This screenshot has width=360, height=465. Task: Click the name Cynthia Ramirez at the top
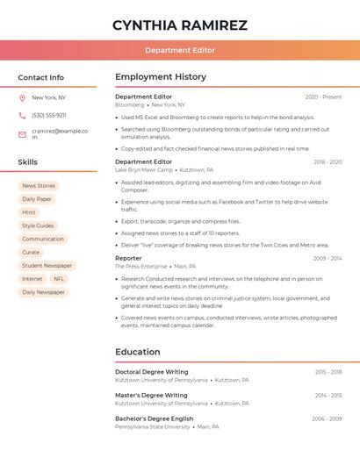[180, 25]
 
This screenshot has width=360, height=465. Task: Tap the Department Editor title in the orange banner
[180, 50]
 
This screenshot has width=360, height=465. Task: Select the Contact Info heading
[41, 77]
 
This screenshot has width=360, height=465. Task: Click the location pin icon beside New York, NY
[22, 97]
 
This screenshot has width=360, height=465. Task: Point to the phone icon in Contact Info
[22, 115]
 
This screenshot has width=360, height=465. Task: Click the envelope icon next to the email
[22, 134]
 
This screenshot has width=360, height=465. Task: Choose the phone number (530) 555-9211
[49, 115]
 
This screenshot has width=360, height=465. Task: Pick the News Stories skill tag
[39, 186]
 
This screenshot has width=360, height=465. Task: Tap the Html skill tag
[29, 212]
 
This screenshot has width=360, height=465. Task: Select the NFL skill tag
[59, 279]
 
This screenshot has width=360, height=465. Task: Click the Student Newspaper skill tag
[47, 266]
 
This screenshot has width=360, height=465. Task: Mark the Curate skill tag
[31, 253]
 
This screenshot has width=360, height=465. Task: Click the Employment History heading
[161, 77]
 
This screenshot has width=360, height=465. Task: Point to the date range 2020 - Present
[323, 97]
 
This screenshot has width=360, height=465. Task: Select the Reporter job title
[128, 258]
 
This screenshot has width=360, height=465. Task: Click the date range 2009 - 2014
[328, 258]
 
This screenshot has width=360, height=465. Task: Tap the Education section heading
[138, 352]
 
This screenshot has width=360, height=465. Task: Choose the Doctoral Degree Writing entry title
[152, 372]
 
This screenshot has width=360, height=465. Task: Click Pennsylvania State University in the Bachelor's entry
[153, 426]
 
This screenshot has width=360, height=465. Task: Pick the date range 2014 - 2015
[328, 396]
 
